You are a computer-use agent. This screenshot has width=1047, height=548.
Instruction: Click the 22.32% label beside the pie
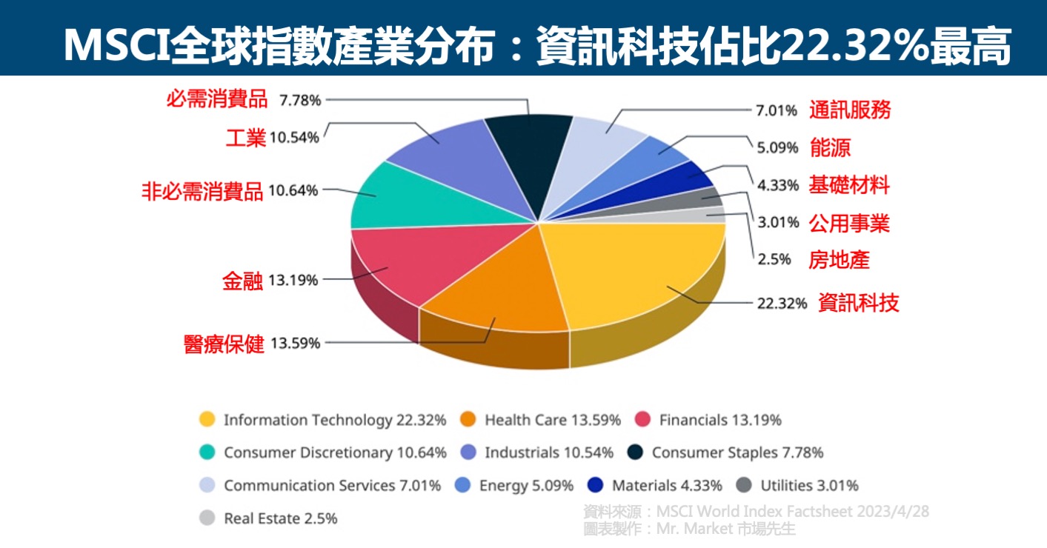(782, 303)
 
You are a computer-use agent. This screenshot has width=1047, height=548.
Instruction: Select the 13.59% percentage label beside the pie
(295, 343)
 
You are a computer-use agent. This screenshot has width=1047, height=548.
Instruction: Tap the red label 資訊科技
(858, 303)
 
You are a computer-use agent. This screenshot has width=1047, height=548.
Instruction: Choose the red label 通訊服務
(850, 110)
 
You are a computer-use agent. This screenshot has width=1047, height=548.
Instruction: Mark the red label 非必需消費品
(202, 191)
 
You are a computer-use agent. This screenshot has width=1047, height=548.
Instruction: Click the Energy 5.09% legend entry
(526, 486)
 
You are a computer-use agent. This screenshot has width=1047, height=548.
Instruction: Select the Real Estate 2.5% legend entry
(280, 518)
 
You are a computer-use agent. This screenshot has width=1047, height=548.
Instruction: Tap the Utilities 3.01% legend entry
(809, 486)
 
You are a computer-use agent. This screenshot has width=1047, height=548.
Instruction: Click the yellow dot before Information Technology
(207, 420)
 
